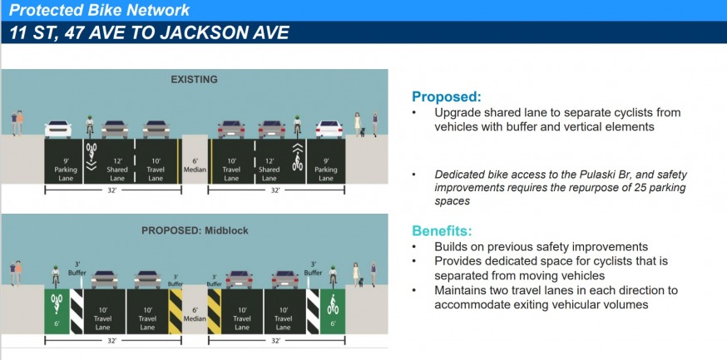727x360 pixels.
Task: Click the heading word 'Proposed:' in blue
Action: tap(447, 96)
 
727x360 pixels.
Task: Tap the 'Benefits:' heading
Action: tap(443, 231)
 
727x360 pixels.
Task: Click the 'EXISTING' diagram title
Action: tap(194, 79)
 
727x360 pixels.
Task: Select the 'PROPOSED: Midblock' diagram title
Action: tap(195, 230)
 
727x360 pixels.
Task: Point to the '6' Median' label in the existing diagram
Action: tap(195, 165)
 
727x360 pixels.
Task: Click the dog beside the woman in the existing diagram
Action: tap(363, 132)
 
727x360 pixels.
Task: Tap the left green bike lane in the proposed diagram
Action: tap(57, 311)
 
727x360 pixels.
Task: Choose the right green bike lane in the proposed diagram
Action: tap(333, 311)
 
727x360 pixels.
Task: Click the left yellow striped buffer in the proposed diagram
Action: tap(176, 311)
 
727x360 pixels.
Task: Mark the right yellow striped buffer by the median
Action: tap(215, 311)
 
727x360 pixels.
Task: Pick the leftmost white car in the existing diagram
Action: tap(58, 129)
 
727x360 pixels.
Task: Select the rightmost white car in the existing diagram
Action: tap(329, 129)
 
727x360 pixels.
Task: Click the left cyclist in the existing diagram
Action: tap(90, 126)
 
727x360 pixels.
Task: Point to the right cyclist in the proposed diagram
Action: tap(333, 276)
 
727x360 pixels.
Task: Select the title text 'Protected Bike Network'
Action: tap(99, 10)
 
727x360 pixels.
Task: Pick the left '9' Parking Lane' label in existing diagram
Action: tap(66, 170)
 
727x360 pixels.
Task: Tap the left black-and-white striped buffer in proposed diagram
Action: tap(77, 311)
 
